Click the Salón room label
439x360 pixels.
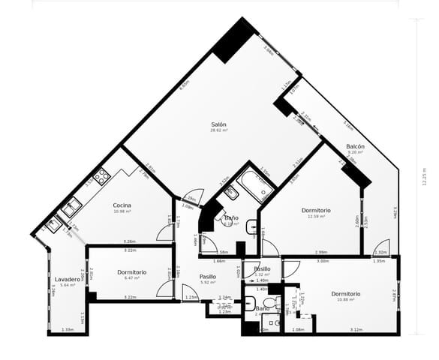click(x=218, y=124)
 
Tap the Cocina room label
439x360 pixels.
click(x=122, y=205)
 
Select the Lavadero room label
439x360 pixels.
click(x=67, y=279)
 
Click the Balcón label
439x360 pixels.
click(x=355, y=146)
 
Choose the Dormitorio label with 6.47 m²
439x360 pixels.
click(x=132, y=271)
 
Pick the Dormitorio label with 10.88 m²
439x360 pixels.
click(x=346, y=293)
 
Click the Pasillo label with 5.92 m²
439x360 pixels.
click(x=208, y=277)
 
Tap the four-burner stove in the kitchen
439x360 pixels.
click(x=101, y=177)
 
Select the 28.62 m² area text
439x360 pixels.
click(x=218, y=130)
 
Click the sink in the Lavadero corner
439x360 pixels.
click(x=53, y=223)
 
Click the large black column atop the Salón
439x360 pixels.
click(x=235, y=40)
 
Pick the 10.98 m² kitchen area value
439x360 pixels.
click(x=122, y=211)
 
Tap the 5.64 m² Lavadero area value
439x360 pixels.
click(x=67, y=285)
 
